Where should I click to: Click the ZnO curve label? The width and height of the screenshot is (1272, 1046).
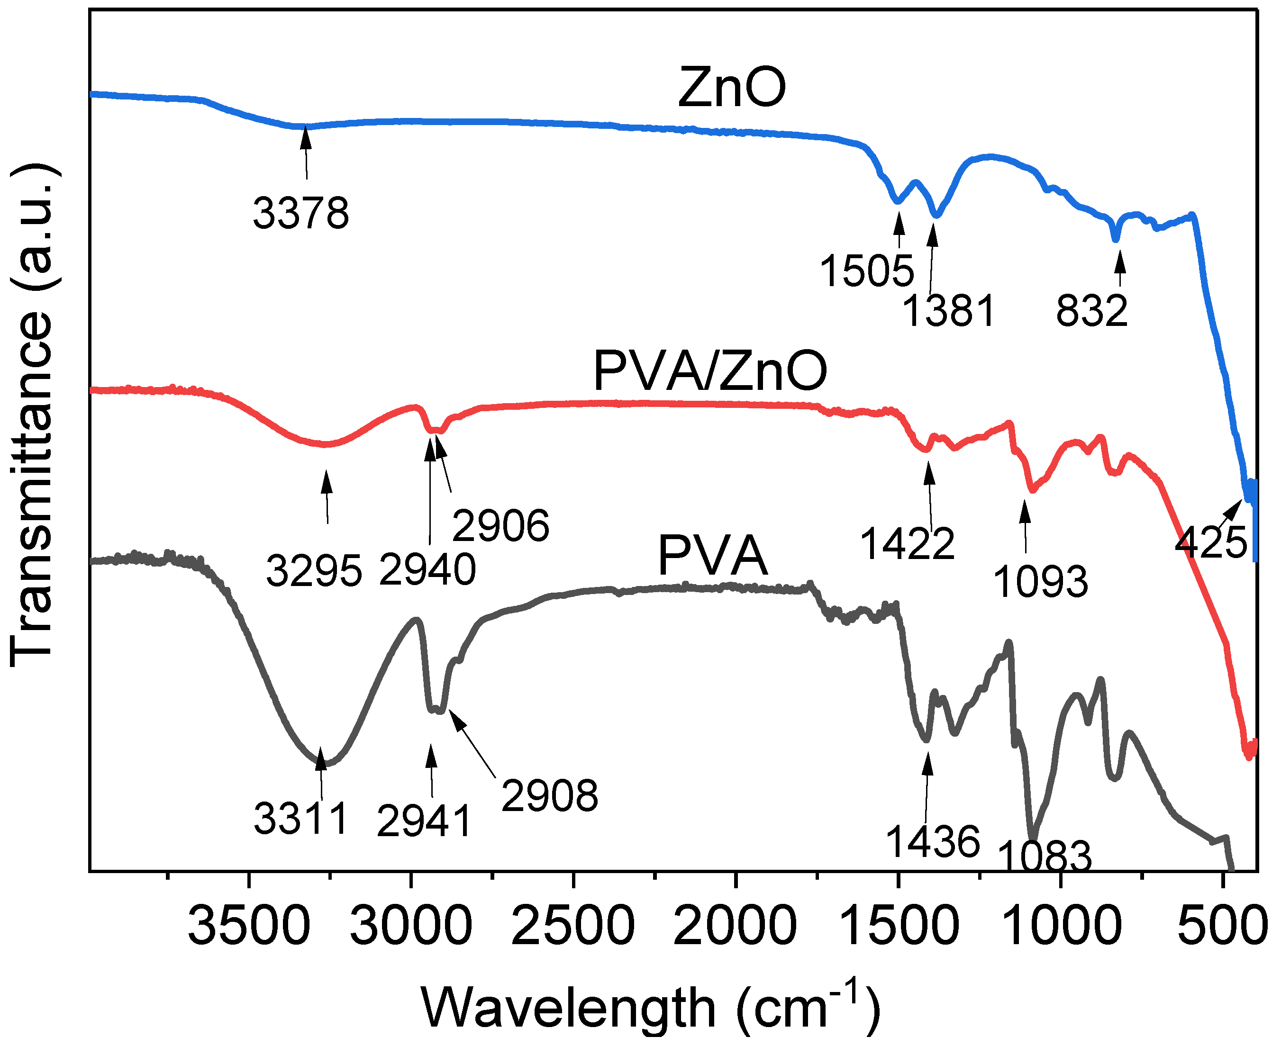731,88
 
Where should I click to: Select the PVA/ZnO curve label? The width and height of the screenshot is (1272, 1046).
710,371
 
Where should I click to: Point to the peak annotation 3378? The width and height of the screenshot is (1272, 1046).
301,213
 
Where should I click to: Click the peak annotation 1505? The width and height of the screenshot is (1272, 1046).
867,271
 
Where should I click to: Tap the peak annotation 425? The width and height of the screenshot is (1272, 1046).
1210,542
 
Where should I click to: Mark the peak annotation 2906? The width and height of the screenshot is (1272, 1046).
500,525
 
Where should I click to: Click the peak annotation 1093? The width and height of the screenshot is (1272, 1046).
1041,582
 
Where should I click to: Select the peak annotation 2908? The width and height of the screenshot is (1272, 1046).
549,796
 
